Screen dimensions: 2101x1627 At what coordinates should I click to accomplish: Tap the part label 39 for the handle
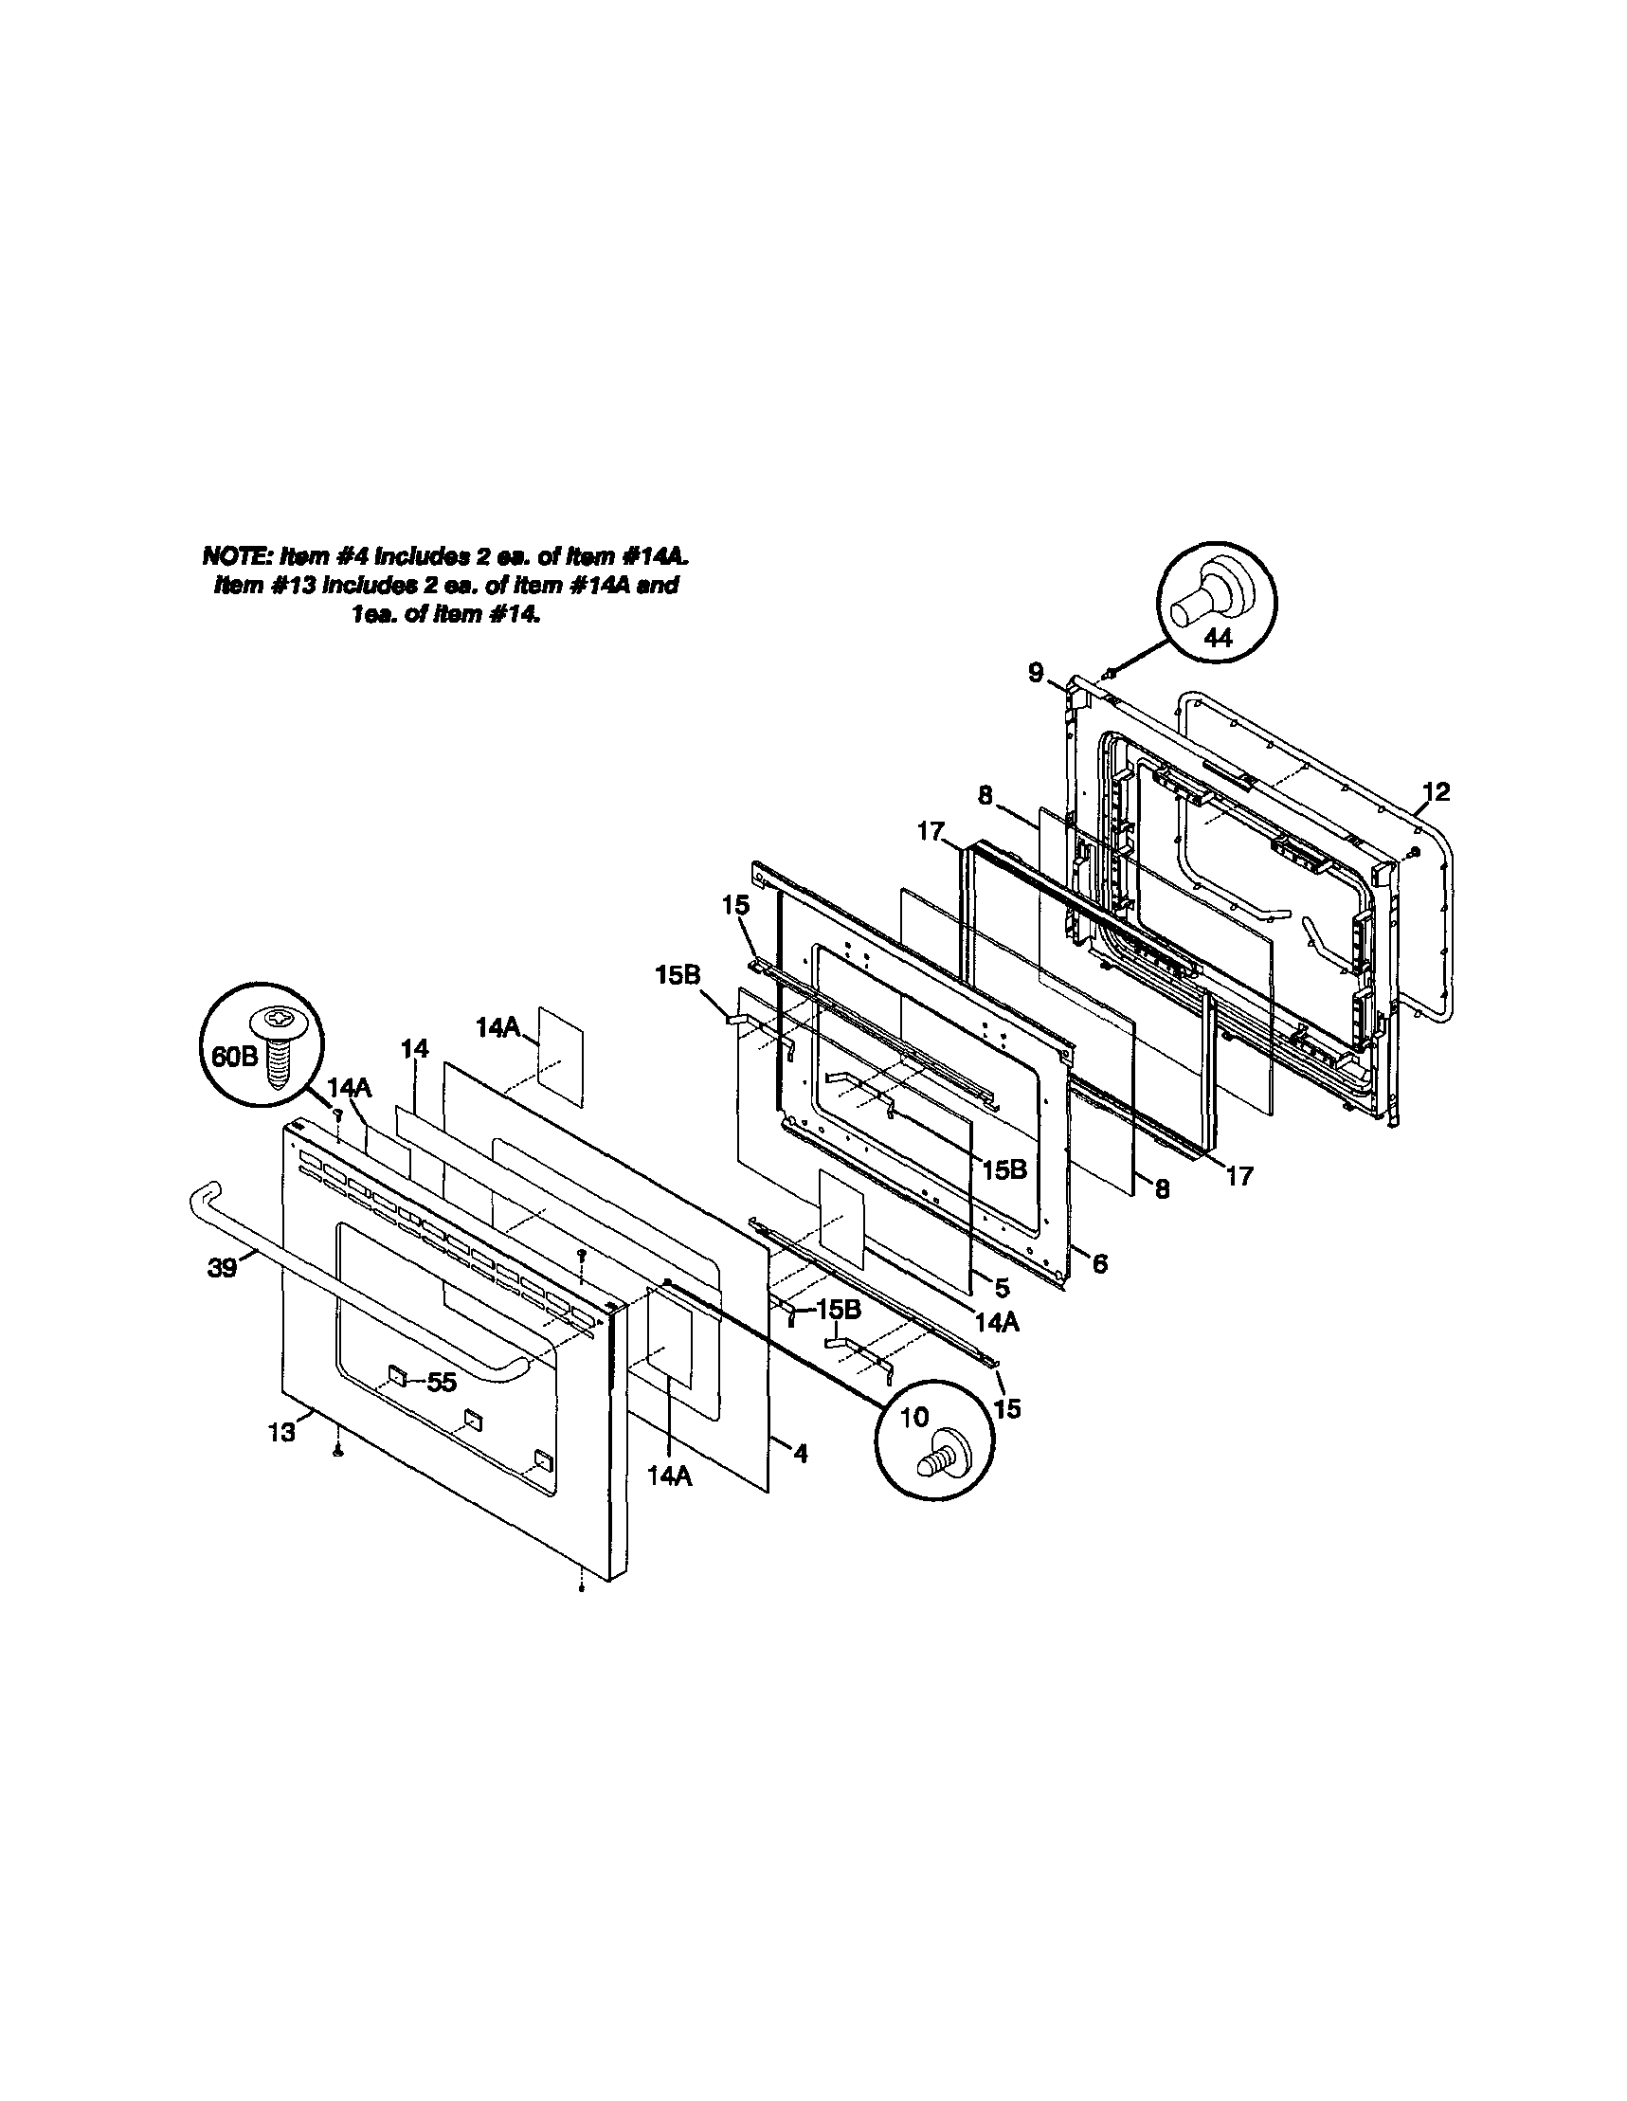[x=222, y=1268]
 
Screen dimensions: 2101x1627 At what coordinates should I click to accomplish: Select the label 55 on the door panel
[x=442, y=1382]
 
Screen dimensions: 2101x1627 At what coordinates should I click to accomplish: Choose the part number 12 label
[x=1436, y=791]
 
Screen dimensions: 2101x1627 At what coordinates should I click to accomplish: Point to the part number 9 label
[x=1035, y=673]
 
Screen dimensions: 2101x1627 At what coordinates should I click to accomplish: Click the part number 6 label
[x=1099, y=1262]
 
